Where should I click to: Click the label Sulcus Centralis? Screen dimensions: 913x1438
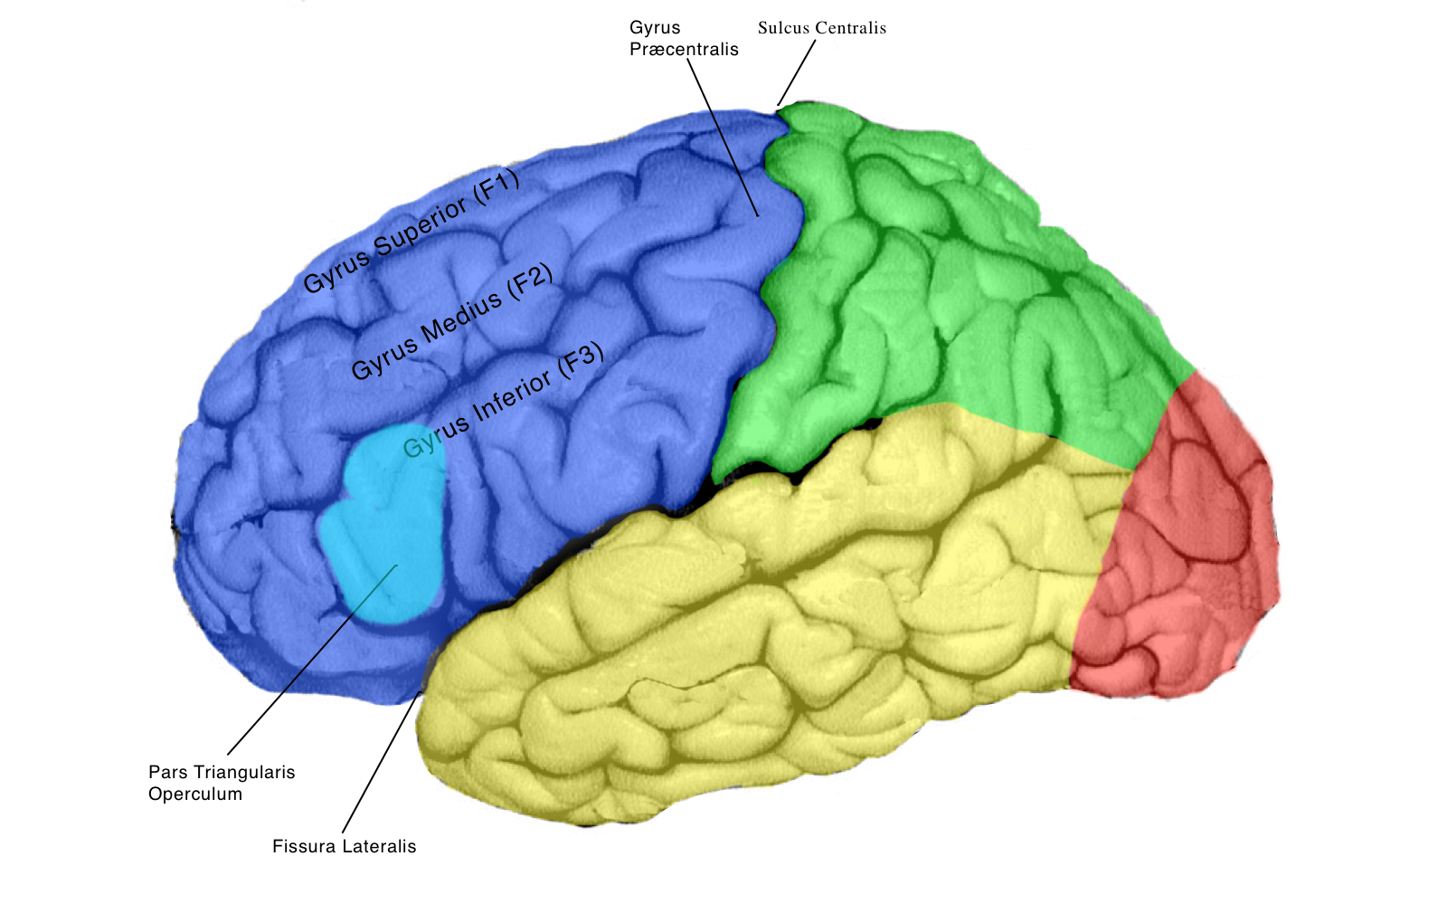pyautogui.click(x=821, y=28)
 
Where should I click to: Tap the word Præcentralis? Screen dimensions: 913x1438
pyautogui.click(x=684, y=50)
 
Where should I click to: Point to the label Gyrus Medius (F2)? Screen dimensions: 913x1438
pyautogui.click(x=451, y=322)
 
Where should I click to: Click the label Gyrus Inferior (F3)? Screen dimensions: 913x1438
pyautogui.click(x=503, y=401)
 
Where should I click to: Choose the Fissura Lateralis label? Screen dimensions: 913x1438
pyautogui.click(x=344, y=847)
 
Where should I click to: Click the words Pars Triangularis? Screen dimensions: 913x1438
pyautogui.click(x=222, y=773)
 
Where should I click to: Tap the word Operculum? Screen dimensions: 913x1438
pyautogui.click(x=195, y=794)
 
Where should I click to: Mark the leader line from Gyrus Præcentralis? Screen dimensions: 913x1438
pyautogui.click(x=724, y=136)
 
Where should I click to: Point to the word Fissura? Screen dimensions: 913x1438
pyautogui.click(x=302, y=847)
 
